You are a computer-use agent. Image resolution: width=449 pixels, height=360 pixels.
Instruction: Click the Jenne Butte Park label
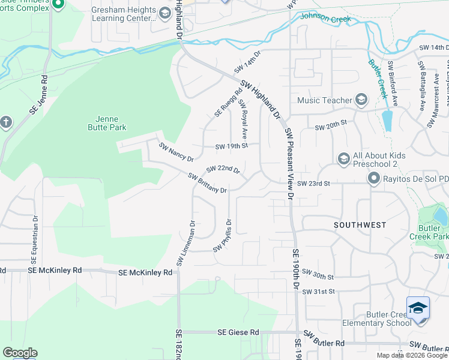tap(106, 124)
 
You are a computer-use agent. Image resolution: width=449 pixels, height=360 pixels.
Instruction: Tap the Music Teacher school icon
tap(361, 99)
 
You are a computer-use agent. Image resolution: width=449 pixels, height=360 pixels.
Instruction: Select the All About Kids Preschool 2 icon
tap(343, 158)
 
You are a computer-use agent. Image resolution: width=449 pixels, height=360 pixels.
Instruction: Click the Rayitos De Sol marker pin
tap(373, 178)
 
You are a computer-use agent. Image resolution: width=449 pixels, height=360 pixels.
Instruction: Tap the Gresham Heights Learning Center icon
tap(164, 13)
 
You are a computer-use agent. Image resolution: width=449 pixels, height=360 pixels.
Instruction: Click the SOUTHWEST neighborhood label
tap(360, 225)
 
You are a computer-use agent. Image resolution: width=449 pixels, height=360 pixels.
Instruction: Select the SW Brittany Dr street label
tap(207, 184)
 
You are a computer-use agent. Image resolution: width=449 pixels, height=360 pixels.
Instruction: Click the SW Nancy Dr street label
tap(176, 152)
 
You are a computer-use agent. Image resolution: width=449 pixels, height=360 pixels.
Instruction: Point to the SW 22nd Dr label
tap(223, 170)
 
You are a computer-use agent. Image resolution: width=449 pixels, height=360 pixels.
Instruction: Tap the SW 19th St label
tap(232, 146)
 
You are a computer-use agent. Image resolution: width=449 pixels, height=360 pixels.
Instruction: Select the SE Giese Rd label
tap(238, 332)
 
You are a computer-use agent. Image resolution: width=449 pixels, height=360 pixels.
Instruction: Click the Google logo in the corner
tap(20, 353)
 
